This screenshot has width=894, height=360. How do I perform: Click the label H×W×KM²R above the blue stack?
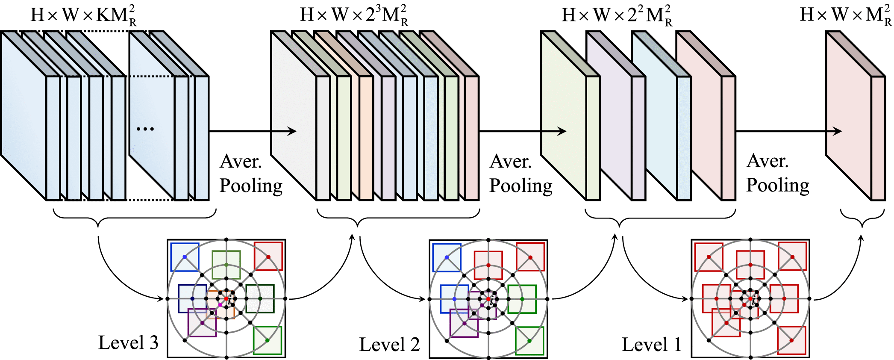pyautogui.click(x=83, y=16)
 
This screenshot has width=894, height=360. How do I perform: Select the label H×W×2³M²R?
pyautogui.click(x=354, y=16)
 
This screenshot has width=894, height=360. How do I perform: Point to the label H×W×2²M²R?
pyautogui.click(x=617, y=16)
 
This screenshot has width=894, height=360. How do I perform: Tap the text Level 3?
pyautogui.click(x=128, y=342)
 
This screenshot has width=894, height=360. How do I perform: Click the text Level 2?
pyautogui.click(x=389, y=345)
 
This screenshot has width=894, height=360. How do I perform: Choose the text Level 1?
pyautogui.click(x=651, y=345)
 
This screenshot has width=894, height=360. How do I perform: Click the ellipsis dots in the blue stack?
pyautogui.click(x=145, y=128)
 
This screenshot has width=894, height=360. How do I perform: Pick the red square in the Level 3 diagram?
pyautogui.click(x=268, y=257)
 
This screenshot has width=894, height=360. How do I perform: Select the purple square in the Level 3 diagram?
pyautogui.click(x=202, y=323)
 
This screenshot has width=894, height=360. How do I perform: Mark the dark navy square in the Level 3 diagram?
pyautogui.click(x=192, y=298)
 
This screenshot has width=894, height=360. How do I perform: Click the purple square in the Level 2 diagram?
pyautogui.click(x=464, y=323)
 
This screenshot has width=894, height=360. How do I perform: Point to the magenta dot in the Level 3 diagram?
pyautogui.click(x=220, y=305)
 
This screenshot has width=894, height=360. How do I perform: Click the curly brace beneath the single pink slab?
pyautogui.click(x=862, y=218)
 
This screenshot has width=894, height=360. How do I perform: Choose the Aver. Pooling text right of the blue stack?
pyautogui.click(x=251, y=174)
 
